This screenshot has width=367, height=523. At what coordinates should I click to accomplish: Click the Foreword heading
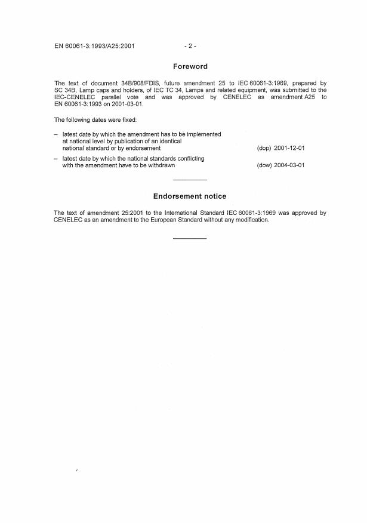click(x=190, y=67)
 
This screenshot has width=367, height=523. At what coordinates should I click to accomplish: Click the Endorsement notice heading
click(x=190, y=196)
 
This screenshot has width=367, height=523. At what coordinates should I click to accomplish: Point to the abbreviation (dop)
click(x=264, y=147)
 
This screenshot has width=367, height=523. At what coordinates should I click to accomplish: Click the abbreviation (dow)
click(x=264, y=165)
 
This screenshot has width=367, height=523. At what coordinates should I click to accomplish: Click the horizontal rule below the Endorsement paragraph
click(x=190, y=239)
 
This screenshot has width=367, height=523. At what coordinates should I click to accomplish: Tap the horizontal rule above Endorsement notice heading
click(x=190, y=180)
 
